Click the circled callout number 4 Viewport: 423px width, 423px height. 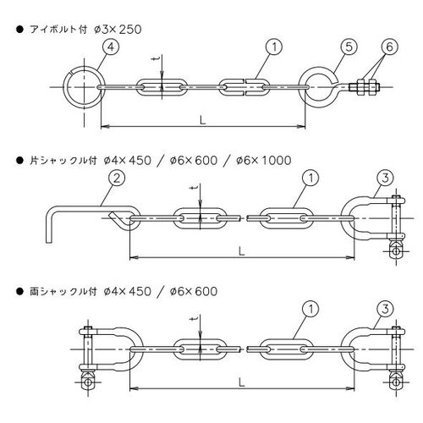click(111, 47)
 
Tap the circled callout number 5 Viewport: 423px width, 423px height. click(349, 47)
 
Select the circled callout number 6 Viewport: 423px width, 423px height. click(389, 47)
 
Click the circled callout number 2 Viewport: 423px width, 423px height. click(117, 178)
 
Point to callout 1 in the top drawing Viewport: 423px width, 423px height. click(274, 47)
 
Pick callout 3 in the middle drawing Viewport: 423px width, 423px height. click(385, 178)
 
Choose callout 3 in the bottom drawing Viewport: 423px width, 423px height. click(385, 309)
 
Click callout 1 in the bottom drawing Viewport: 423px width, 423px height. click(310, 309)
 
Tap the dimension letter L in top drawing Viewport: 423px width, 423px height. click(202, 120)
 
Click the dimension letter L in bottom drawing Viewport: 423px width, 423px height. click(241, 382)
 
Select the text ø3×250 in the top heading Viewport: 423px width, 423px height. click(118, 30)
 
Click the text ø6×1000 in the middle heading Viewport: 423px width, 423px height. click(264, 161)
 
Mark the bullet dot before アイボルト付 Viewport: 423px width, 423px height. click(19, 30)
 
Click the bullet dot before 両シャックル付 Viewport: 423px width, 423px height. click(19, 292)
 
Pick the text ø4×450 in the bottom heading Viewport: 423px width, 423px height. click(127, 292)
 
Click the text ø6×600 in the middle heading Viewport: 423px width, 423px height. click(194, 161)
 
